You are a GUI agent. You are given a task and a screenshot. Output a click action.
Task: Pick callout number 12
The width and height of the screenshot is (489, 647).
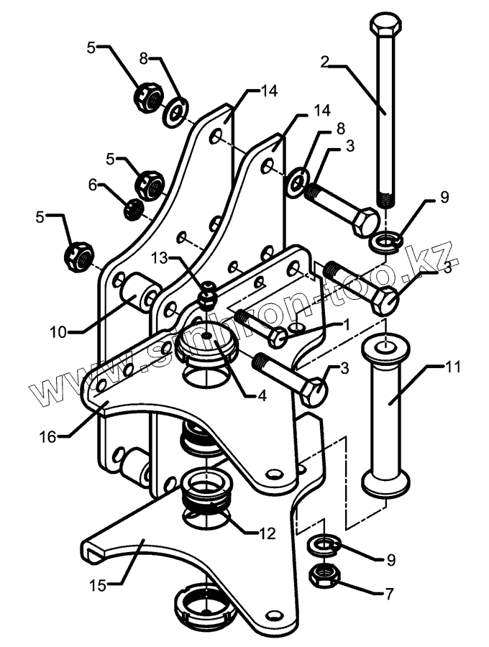coord(266,533)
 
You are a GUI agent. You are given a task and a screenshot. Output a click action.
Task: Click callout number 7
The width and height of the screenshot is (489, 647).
coord(389,593)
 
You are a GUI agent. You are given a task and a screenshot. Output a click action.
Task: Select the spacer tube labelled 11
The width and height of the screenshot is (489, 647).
coord(388,417)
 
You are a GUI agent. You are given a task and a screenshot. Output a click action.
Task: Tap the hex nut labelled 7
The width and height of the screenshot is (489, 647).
coord(325,574)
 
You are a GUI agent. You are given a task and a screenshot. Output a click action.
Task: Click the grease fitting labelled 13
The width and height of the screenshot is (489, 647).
coord(207,296)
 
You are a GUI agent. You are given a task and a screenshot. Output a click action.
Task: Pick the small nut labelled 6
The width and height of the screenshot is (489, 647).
coord(132,210)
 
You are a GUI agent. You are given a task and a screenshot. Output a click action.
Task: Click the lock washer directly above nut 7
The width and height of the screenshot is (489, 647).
coord(324,546)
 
